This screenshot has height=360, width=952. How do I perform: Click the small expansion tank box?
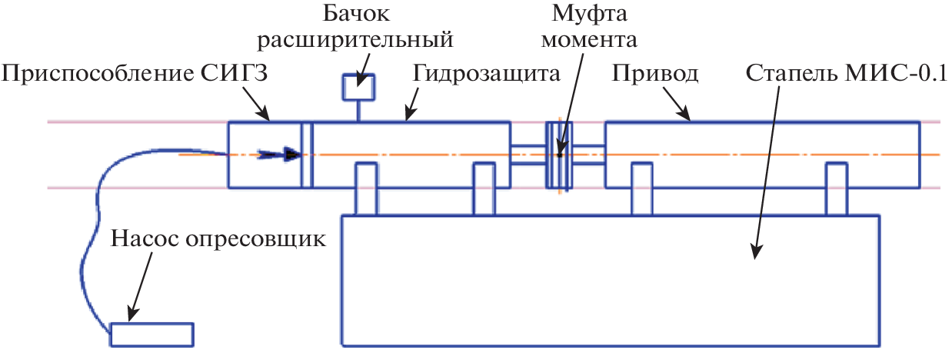(358, 88)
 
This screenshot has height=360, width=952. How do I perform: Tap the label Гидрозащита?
(486, 74)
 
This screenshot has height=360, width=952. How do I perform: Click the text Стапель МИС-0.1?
(846, 74)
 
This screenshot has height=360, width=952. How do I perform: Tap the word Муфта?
(583, 14)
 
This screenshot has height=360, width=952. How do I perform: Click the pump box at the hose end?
(151, 335)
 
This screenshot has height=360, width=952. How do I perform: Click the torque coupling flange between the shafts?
(558, 155)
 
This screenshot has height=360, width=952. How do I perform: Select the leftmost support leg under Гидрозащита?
(365, 189)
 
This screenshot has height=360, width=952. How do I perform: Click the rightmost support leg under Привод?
(837, 189)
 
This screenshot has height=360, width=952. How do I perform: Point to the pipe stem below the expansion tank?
(358, 112)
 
